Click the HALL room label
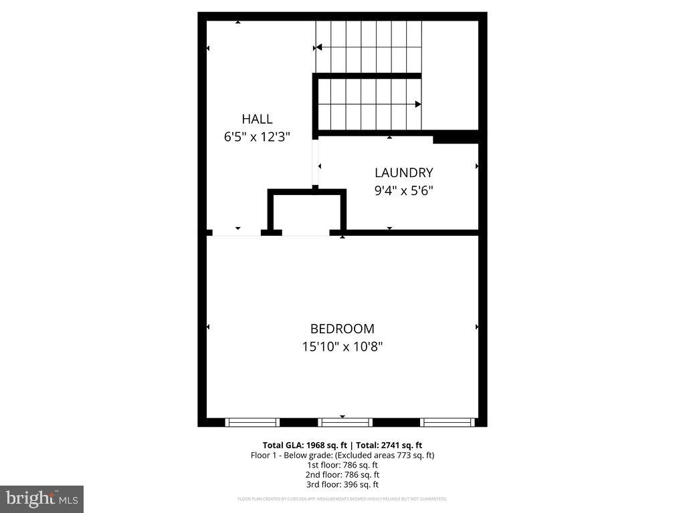click(x=257, y=119)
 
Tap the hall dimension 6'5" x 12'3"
click(x=257, y=137)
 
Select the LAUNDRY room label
click(x=403, y=172)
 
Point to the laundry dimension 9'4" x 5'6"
click(x=403, y=190)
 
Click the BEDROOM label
click(x=342, y=329)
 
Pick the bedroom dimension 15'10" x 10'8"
click(x=342, y=347)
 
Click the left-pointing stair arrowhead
click(x=318, y=47)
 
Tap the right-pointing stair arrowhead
click(x=418, y=104)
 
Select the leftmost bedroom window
click(x=252, y=422)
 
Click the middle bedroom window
click(x=345, y=422)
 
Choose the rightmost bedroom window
click(x=448, y=422)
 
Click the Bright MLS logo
click(x=41, y=498)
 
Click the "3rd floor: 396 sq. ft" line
click(x=342, y=484)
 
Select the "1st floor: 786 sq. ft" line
click(x=342, y=465)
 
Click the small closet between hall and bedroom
click(x=307, y=212)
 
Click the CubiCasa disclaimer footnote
click(x=342, y=499)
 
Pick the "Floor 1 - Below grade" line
click(x=342, y=455)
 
